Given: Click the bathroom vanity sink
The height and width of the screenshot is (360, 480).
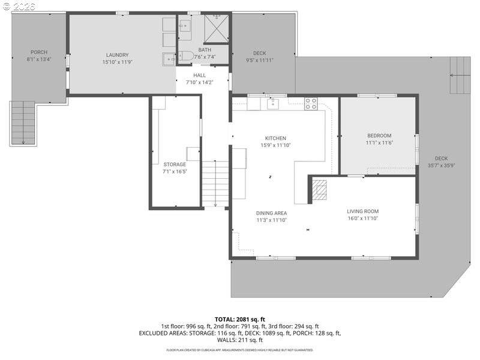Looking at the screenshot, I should coord(185,25).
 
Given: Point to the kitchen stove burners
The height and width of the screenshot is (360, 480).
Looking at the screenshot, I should coord(310,103).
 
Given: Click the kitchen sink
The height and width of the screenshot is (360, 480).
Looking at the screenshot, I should coord(274,104).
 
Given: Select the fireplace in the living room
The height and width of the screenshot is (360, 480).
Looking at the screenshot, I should coord(320,190).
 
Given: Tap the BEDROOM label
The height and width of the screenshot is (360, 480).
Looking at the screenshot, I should coord(379,136).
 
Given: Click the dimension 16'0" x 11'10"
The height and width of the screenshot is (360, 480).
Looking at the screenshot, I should coord(362,218).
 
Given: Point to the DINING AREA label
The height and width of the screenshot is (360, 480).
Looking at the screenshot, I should coord(271,213).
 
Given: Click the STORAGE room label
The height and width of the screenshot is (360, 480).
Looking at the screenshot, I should coord(175,164).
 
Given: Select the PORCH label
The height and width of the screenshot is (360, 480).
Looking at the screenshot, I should coord(39,52).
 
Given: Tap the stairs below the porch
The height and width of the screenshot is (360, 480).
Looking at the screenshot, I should coord(23,123).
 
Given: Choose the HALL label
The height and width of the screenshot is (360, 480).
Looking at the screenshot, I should coord(199,75).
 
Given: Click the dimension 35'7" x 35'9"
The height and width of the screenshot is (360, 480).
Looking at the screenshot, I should coord(441,166).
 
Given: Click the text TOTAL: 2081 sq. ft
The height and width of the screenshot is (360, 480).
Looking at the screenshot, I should coord(240,319).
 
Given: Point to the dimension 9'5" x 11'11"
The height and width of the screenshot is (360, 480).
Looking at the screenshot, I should coord(259,60).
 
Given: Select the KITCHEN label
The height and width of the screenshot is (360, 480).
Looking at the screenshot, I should coord(275,138).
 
